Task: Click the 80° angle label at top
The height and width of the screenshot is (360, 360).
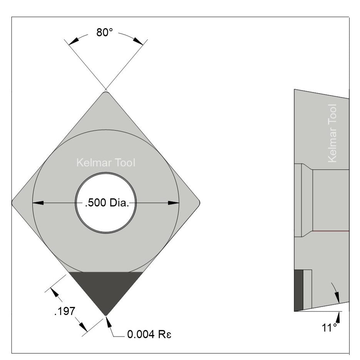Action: pos(104,33)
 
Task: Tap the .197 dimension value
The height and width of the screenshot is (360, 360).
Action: pos(63,311)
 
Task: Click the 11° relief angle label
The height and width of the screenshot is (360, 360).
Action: pos(329,328)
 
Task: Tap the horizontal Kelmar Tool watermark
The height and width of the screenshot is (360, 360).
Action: pos(106,163)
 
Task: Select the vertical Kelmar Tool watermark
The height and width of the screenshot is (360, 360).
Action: pos(332,133)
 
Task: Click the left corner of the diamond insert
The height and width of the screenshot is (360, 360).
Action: pos(13,202)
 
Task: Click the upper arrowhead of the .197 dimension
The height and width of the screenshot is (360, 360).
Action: pos(55,291)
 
